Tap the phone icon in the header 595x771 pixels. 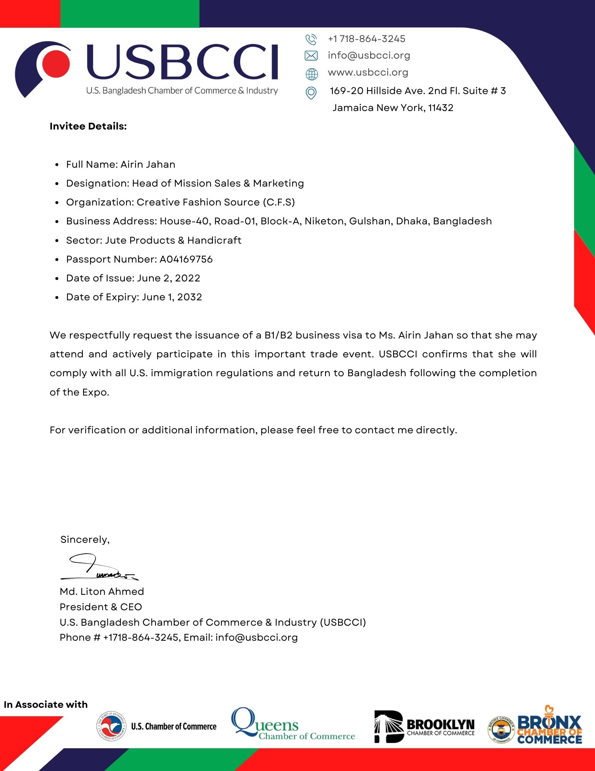point(311,39)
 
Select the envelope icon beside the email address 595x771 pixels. point(311,56)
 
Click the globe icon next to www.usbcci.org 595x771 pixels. point(312,73)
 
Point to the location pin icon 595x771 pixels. point(311,93)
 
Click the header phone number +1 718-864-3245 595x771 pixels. point(366,39)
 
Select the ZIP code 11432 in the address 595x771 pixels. point(441,108)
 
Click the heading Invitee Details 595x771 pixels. point(88,126)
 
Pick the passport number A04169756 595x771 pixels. point(186,259)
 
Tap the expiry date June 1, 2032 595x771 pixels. point(172,297)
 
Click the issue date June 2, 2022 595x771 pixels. point(169,278)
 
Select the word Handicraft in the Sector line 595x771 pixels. point(214,241)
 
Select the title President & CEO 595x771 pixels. point(101,607)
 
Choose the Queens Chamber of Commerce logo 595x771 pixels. point(293,725)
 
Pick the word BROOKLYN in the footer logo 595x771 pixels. point(441,724)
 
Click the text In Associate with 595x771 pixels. point(46,705)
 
